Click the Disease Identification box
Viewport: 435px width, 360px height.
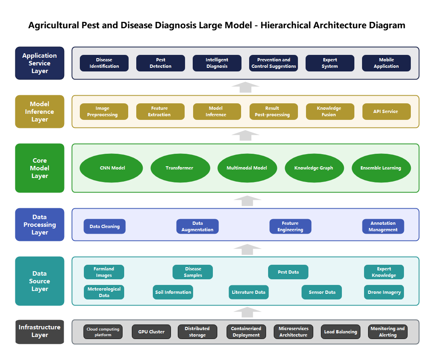[104, 63]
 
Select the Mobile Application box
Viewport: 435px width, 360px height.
[386, 63]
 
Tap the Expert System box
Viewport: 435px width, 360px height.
[330, 63]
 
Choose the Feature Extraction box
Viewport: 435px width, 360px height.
[160, 112]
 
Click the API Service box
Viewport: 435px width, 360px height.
[386, 112]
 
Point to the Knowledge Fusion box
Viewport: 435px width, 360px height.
[330, 112]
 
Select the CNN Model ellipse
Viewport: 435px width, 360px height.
[111, 168]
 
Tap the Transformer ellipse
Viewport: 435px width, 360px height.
[180, 168]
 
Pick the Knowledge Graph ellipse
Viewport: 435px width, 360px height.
[314, 168]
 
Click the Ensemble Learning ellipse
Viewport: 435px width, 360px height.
[381, 168]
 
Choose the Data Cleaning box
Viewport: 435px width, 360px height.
[104, 226]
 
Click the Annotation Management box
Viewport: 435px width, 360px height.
[383, 226]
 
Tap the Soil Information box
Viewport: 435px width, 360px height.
[173, 292]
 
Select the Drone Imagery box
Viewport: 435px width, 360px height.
[384, 292]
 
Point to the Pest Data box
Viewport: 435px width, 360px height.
[288, 272]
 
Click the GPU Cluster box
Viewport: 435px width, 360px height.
[151, 332]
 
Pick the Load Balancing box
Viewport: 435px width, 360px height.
[341, 332]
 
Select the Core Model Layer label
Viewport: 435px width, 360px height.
[40, 168]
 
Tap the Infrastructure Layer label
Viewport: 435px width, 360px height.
[40, 331]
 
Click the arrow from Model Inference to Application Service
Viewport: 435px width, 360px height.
[246, 87]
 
